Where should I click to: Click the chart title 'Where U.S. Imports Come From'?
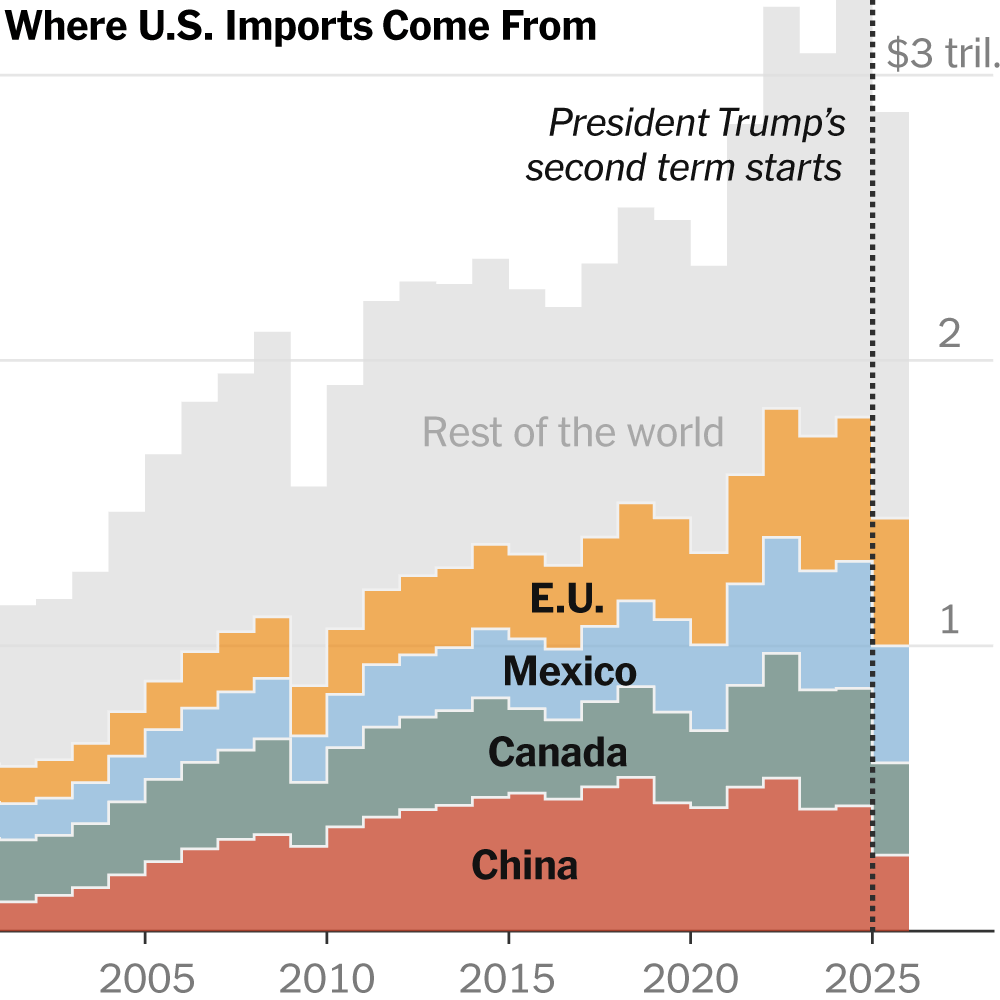pos(301,26)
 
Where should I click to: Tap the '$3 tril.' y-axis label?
pos(942,56)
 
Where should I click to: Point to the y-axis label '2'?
pos(949,333)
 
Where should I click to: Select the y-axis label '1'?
pos(949,621)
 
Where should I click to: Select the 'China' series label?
pos(524,865)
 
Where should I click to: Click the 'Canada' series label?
pos(557,752)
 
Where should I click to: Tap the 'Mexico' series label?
pos(569,671)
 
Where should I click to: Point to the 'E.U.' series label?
pos(567,599)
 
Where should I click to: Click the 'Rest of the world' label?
pos(572,432)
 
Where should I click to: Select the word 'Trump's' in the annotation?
pos(781,124)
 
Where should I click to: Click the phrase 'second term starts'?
pos(684,168)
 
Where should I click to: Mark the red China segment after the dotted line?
pos(891,892)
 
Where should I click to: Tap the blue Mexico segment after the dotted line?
pos(891,704)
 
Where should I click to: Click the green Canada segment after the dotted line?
pos(891,808)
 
